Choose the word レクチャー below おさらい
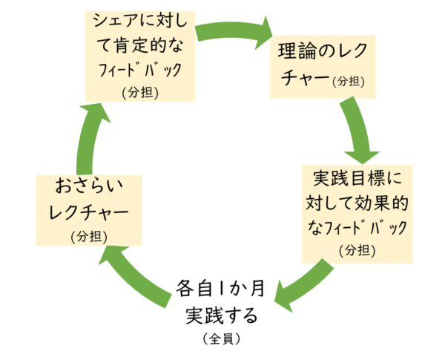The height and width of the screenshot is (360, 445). (88, 213)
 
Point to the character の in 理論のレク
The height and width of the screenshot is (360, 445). (329, 53)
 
